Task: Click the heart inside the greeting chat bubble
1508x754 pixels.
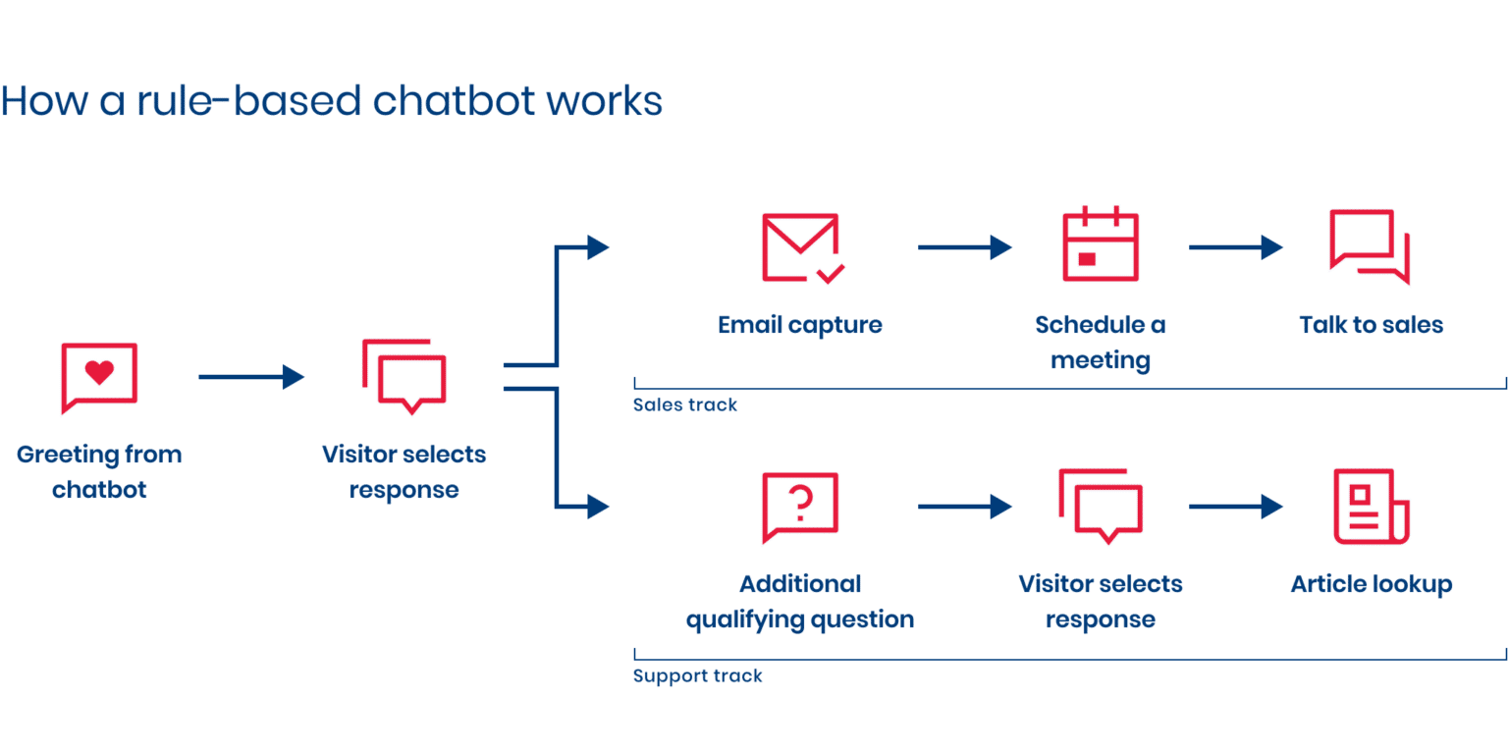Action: pos(99,372)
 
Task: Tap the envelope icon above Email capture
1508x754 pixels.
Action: pos(800,247)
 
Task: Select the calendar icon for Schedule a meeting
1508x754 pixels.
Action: pos(1100,245)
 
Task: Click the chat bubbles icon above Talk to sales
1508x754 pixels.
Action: pos(1369,245)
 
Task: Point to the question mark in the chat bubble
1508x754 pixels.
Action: pos(801,504)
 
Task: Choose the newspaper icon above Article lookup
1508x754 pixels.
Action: pos(1371,507)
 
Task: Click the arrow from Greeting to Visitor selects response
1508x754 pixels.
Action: pos(251,376)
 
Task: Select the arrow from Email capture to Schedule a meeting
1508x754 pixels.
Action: pos(963,247)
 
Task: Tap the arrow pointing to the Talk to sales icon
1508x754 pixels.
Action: pos(1234,247)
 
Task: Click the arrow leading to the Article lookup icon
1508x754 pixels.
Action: pos(1234,507)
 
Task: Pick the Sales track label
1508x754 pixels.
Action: pos(684,405)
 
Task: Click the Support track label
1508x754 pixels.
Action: pos(697,676)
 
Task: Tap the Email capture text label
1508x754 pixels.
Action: pos(800,325)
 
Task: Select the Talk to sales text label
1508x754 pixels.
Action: pos(1371,325)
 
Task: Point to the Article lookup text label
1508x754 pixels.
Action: pos(1371,585)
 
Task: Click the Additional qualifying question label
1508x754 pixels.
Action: pos(800,602)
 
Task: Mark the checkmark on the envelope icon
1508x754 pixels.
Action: pos(831,274)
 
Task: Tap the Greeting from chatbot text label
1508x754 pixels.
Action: pos(99,472)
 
